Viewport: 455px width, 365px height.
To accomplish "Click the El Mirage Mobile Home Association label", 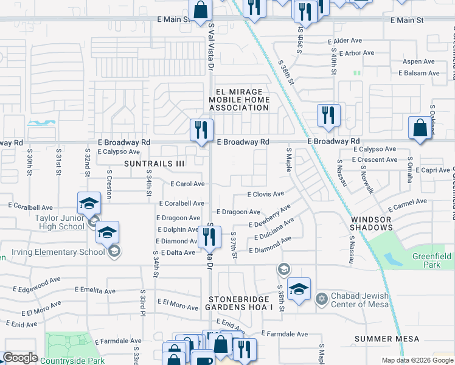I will pyautogui.click(x=239, y=99).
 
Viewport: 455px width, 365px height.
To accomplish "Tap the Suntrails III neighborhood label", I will pyautogui.click(x=154, y=164).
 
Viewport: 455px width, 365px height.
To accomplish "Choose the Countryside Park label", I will pyautogui.click(x=72, y=361).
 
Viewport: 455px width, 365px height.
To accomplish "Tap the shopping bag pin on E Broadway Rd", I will pyautogui.click(x=419, y=128).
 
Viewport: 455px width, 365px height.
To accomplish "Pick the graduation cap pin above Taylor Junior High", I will pyautogui.click(x=89, y=203).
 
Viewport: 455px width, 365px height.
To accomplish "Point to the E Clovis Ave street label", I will pyautogui.click(x=266, y=195).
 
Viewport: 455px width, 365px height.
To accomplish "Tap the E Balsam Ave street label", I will pyautogui.click(x=419, y=73).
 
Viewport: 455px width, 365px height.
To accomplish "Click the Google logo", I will pyautogui.click(x=20, y=358).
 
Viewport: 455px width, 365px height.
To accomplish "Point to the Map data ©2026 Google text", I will pyautogui.click(x=417, y=360).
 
